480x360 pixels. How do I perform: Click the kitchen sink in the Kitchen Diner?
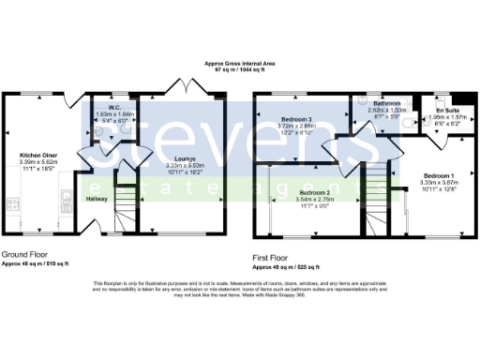[x=65, y=200]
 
